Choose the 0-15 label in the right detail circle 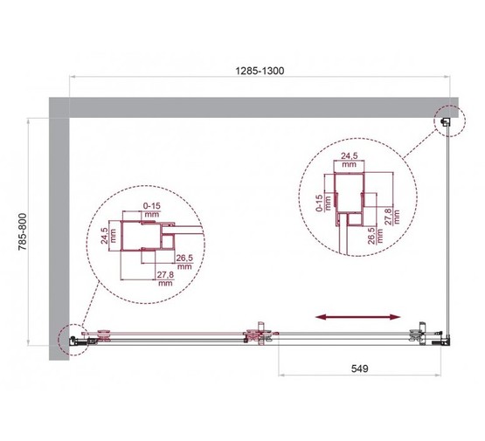pyautogui.click(x=322, y=203)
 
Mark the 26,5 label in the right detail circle pyautogui.click(x=371, y=237)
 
